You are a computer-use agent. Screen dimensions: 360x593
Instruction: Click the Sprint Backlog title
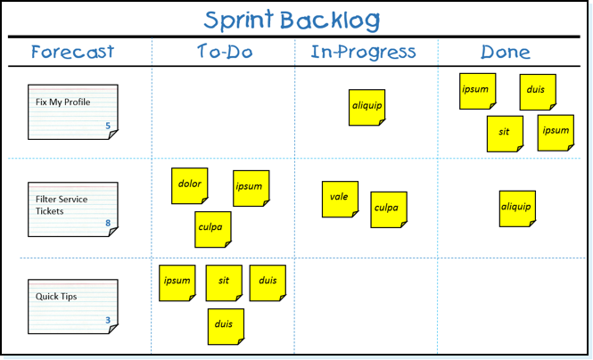291,20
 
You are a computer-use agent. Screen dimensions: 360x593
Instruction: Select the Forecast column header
72,52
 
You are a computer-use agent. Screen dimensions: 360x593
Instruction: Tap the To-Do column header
224,52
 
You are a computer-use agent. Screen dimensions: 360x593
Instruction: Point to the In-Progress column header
363,52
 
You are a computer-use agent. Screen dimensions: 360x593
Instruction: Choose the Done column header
506,53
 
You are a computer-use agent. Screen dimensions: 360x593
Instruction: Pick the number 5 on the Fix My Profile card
108,127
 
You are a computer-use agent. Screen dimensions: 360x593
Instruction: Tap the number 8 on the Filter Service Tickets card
108,224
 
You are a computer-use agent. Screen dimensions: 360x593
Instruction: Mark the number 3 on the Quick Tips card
108,320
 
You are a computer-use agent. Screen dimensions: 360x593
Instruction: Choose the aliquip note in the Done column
517,208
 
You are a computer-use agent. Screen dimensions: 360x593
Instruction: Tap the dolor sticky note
190,185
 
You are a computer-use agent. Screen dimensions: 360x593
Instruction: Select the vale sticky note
340,199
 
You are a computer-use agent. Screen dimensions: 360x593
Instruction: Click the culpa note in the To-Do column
213,229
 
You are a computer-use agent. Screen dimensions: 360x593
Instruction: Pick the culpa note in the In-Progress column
388,209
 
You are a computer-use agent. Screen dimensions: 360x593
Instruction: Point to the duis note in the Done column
538,92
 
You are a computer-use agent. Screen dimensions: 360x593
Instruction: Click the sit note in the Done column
505,133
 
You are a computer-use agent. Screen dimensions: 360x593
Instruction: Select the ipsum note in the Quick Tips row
177,282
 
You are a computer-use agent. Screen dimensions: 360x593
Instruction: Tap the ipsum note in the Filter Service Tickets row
251,188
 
